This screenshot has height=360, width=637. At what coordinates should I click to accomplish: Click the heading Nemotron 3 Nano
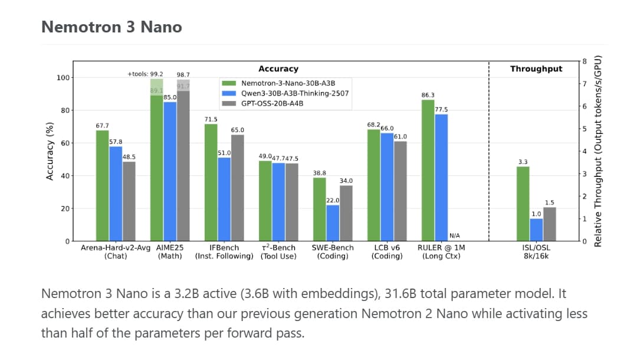click(111, 27)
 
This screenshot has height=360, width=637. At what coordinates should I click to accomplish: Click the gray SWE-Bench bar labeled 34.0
click(346, 213)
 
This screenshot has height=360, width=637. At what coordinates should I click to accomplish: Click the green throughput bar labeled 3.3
click(523, 204)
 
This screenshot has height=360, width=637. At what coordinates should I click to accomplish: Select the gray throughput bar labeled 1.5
click(550, 224)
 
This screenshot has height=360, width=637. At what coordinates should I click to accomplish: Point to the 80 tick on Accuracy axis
click(62, 110)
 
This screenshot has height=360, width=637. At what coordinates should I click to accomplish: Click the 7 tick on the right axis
click(584, 84)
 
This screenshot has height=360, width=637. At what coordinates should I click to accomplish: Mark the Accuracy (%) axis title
click(50, 151)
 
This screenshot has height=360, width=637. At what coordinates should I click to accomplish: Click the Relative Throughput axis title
click(598, 151)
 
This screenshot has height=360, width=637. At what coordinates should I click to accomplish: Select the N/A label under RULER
click(455, 236)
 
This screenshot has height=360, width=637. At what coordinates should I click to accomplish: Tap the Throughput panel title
click(536, 69)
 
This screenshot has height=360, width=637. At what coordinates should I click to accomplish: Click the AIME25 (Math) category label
click(170, 251)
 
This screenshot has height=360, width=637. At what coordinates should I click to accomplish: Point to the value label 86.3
click(428, 95)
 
